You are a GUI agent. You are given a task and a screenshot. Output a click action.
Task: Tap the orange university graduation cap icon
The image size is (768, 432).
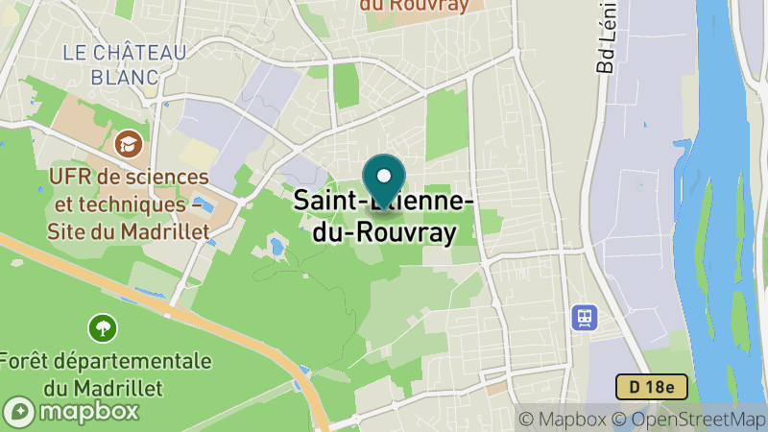[x=126, y=145]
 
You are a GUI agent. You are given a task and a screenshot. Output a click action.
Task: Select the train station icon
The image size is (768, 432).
[x=583, y=317]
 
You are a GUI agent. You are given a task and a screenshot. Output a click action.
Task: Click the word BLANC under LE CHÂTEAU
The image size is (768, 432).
[x=125, y=76]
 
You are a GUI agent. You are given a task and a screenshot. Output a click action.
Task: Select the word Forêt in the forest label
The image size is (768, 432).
[x=28, y=362]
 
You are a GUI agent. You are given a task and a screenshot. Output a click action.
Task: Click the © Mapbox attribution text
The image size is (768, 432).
[x=561, y=419]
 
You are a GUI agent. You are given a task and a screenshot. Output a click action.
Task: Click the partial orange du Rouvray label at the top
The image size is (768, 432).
[x=415, y=6]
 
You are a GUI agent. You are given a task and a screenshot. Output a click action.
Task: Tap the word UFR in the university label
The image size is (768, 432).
[x=67, y=178]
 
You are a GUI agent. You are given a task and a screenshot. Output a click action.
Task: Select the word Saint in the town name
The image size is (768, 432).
[x=322, y=201]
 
